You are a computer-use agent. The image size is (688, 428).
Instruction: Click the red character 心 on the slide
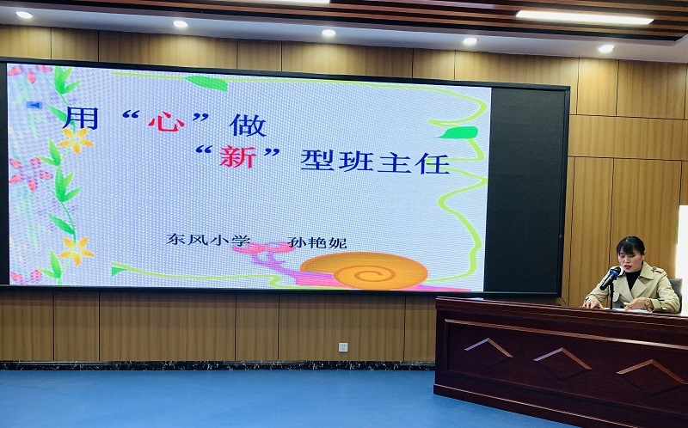(166, 122)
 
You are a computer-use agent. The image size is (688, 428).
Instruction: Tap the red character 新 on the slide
(238, 157)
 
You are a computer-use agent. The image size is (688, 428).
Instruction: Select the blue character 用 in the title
(81, 117)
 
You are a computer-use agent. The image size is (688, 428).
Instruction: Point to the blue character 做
(248, 125)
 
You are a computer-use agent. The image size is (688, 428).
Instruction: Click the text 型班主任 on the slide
(375, 162)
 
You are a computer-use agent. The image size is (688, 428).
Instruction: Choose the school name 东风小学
(208, 240)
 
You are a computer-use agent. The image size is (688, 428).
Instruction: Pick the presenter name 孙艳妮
(317, 242)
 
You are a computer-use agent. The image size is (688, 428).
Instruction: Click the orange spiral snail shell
(364, 270)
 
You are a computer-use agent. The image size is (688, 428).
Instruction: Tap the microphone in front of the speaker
(611, 278)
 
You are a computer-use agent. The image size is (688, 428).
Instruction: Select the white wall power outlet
(343, 347)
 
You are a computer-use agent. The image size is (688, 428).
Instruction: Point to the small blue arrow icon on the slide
(34, 105)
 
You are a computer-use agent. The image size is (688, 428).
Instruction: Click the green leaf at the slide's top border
(206, 83)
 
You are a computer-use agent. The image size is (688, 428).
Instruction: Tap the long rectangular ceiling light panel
(584, 17)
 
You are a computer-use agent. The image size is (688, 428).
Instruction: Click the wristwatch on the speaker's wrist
(647, 303)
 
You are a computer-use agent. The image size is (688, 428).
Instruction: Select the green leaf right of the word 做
(458, 132)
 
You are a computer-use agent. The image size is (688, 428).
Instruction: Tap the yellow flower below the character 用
(77, 140)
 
